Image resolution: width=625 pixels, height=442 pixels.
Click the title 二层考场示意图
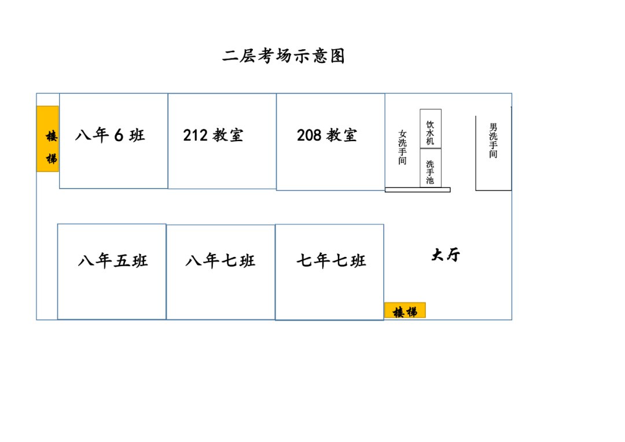[284, 56]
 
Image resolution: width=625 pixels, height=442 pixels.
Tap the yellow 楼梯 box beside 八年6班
[47, 139]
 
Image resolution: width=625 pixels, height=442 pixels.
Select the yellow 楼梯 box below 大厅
[405, 311]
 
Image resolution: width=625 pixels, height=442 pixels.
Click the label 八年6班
[110, 135]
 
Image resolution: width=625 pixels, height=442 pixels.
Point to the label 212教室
[213, 135]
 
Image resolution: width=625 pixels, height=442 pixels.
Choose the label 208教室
[327, 135]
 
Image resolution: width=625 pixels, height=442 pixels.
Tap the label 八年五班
[113, 261]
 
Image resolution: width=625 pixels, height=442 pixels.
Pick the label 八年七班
[220, 261]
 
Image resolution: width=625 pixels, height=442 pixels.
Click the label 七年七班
[331, 261]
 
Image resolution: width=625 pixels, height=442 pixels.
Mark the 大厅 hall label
[446, 255]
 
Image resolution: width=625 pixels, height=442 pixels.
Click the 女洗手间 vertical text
[403, 148]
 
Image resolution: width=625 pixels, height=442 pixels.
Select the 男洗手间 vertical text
[493, 141]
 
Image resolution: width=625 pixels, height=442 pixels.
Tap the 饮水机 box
[431, 128]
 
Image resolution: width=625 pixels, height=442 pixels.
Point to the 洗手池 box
[431, 168]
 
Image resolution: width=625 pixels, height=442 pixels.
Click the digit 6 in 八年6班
[119, 135]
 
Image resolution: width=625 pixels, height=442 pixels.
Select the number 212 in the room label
[195, 135]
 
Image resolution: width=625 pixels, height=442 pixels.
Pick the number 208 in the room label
[309, 135]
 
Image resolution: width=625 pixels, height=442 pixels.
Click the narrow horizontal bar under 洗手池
[417, 190]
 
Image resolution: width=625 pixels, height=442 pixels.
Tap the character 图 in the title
[337, 56]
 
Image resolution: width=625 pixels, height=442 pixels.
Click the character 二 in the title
[230, 56]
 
